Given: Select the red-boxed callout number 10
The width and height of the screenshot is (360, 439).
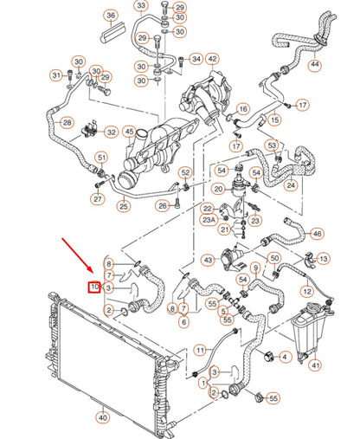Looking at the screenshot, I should click(x=93, y=287).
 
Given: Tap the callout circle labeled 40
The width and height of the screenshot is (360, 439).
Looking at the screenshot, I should click(x=103, y=417).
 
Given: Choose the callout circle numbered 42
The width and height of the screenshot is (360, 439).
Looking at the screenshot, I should click(x=212, y=59).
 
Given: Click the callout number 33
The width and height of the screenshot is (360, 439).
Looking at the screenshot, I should click(x=141, y=6).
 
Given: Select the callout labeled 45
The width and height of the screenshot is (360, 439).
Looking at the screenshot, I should click(x=130, y=132).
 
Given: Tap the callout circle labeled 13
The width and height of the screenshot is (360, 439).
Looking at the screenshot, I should click(x=322, y=258).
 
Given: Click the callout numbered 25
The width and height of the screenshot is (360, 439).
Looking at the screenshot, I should click(x=125, y=206).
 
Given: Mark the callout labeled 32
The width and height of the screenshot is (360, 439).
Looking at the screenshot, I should click(x=111, y=132).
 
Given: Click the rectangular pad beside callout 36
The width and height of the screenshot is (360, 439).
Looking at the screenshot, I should click(x=113, y=34).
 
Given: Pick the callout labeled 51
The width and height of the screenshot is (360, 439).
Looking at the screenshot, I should click(x=101, y=158).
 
